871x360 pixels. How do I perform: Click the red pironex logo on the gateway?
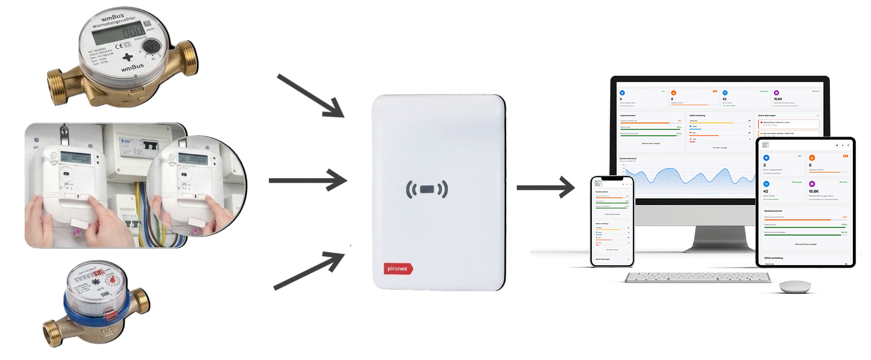click(398, 268)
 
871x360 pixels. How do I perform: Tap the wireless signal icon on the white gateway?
click(427, 189)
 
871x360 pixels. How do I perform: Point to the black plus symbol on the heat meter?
click(127, 57)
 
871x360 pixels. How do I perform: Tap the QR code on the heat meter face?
click(148, 24)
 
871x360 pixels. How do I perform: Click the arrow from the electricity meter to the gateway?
click(308, 180)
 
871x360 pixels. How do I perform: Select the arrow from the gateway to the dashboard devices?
click(545, 188)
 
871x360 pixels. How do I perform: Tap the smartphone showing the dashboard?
click(612, 221)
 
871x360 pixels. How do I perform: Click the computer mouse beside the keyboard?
click(795, 286)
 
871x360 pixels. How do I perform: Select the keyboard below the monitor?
click(698, 278)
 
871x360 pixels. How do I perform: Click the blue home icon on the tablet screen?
click(766, 158)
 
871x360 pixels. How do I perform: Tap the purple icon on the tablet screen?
click(812, 184)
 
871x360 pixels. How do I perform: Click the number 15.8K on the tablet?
click(813, 192)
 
